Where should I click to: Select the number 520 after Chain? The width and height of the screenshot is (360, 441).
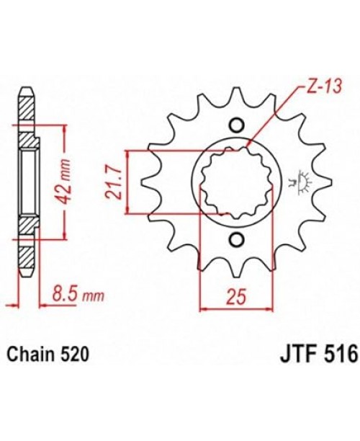[73, 355]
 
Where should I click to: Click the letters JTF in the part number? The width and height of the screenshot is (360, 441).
[296, 355]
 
